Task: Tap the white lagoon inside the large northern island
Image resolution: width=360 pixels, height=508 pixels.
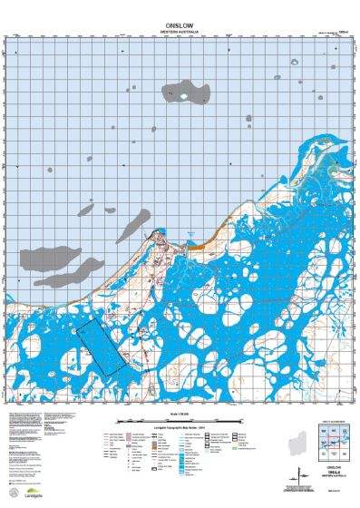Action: pos(184,93)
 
